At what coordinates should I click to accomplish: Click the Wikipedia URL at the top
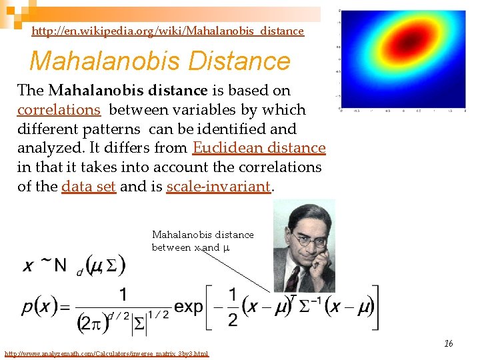coord(167,31)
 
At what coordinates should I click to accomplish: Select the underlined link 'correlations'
coord(59,109)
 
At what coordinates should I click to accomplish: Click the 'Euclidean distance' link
coord(259,148)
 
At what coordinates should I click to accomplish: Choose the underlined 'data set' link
coord(89,187)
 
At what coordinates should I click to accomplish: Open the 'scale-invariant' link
coord(219,187)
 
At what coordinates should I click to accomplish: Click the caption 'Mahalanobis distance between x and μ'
coord(203,241)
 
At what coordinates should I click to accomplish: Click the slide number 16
coord(449,343)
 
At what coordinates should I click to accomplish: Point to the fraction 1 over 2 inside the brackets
coord(231,307)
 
